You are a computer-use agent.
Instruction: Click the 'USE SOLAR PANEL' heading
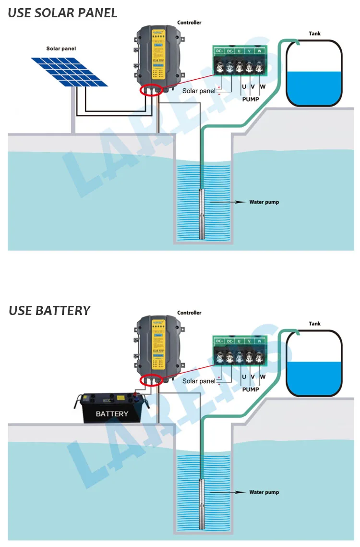(x=62, y=13)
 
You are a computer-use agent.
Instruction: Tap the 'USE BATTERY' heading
(x=49, y=311)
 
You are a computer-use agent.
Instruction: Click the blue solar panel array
(x=70, y=72)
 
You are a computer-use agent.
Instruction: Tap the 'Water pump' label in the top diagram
(x=264, y=202)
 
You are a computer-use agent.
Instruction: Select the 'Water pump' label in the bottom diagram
(x=264, y=492)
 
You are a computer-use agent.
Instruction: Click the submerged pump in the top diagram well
(x=204, y=213)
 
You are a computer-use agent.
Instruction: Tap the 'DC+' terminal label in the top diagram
(x=220, y=51)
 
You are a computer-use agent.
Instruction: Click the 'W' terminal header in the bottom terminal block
(x=260, y=341)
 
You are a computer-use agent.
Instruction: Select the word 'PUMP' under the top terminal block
(x=250, y=99)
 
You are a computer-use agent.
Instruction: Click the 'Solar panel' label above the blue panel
(x=61, y=49)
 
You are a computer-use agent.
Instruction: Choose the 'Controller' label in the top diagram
(x=189, y=23)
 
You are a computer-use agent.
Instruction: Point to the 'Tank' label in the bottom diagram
(x=314, y=324)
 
